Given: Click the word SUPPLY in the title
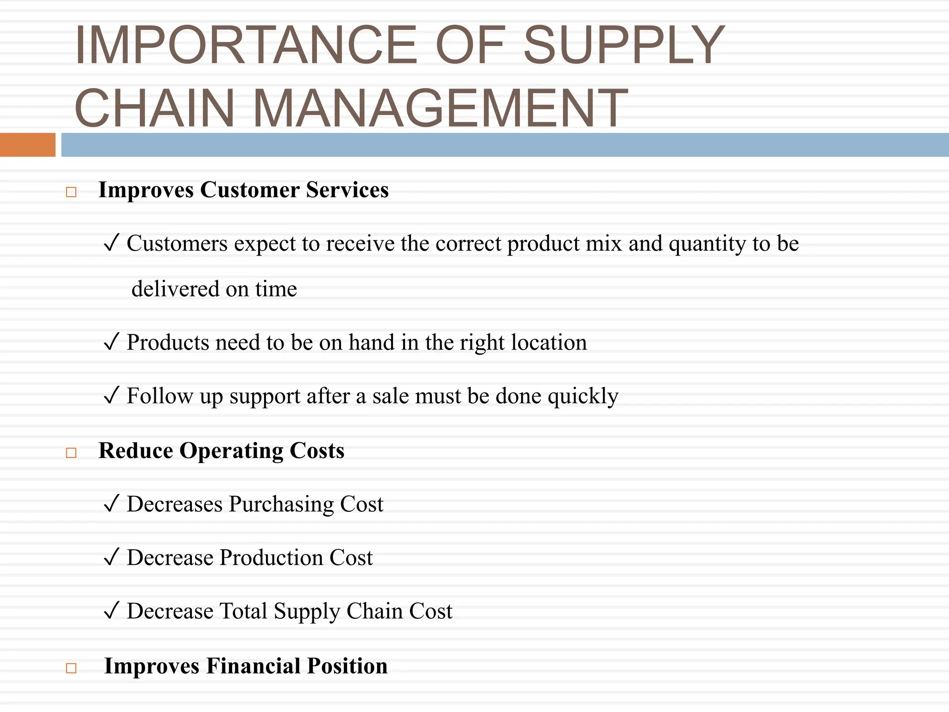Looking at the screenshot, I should point(623,45).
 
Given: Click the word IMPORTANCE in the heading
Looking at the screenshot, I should point(246,45).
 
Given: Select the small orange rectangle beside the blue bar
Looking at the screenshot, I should point(27,145).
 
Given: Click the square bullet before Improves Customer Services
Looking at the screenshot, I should point(71,192).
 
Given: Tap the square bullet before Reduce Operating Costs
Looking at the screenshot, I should point(71,452).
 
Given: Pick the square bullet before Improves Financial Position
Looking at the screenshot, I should point(71,668).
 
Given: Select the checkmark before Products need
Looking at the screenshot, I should point(112,342).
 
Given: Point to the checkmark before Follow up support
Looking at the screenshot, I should point(112,395).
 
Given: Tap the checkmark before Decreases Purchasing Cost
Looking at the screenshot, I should point(112,503).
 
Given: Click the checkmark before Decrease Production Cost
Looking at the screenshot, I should point(112,557).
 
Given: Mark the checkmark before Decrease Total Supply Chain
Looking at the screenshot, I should point(112,610).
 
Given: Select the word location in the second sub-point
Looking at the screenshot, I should point(549,342).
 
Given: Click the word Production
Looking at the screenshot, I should point(271,557).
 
